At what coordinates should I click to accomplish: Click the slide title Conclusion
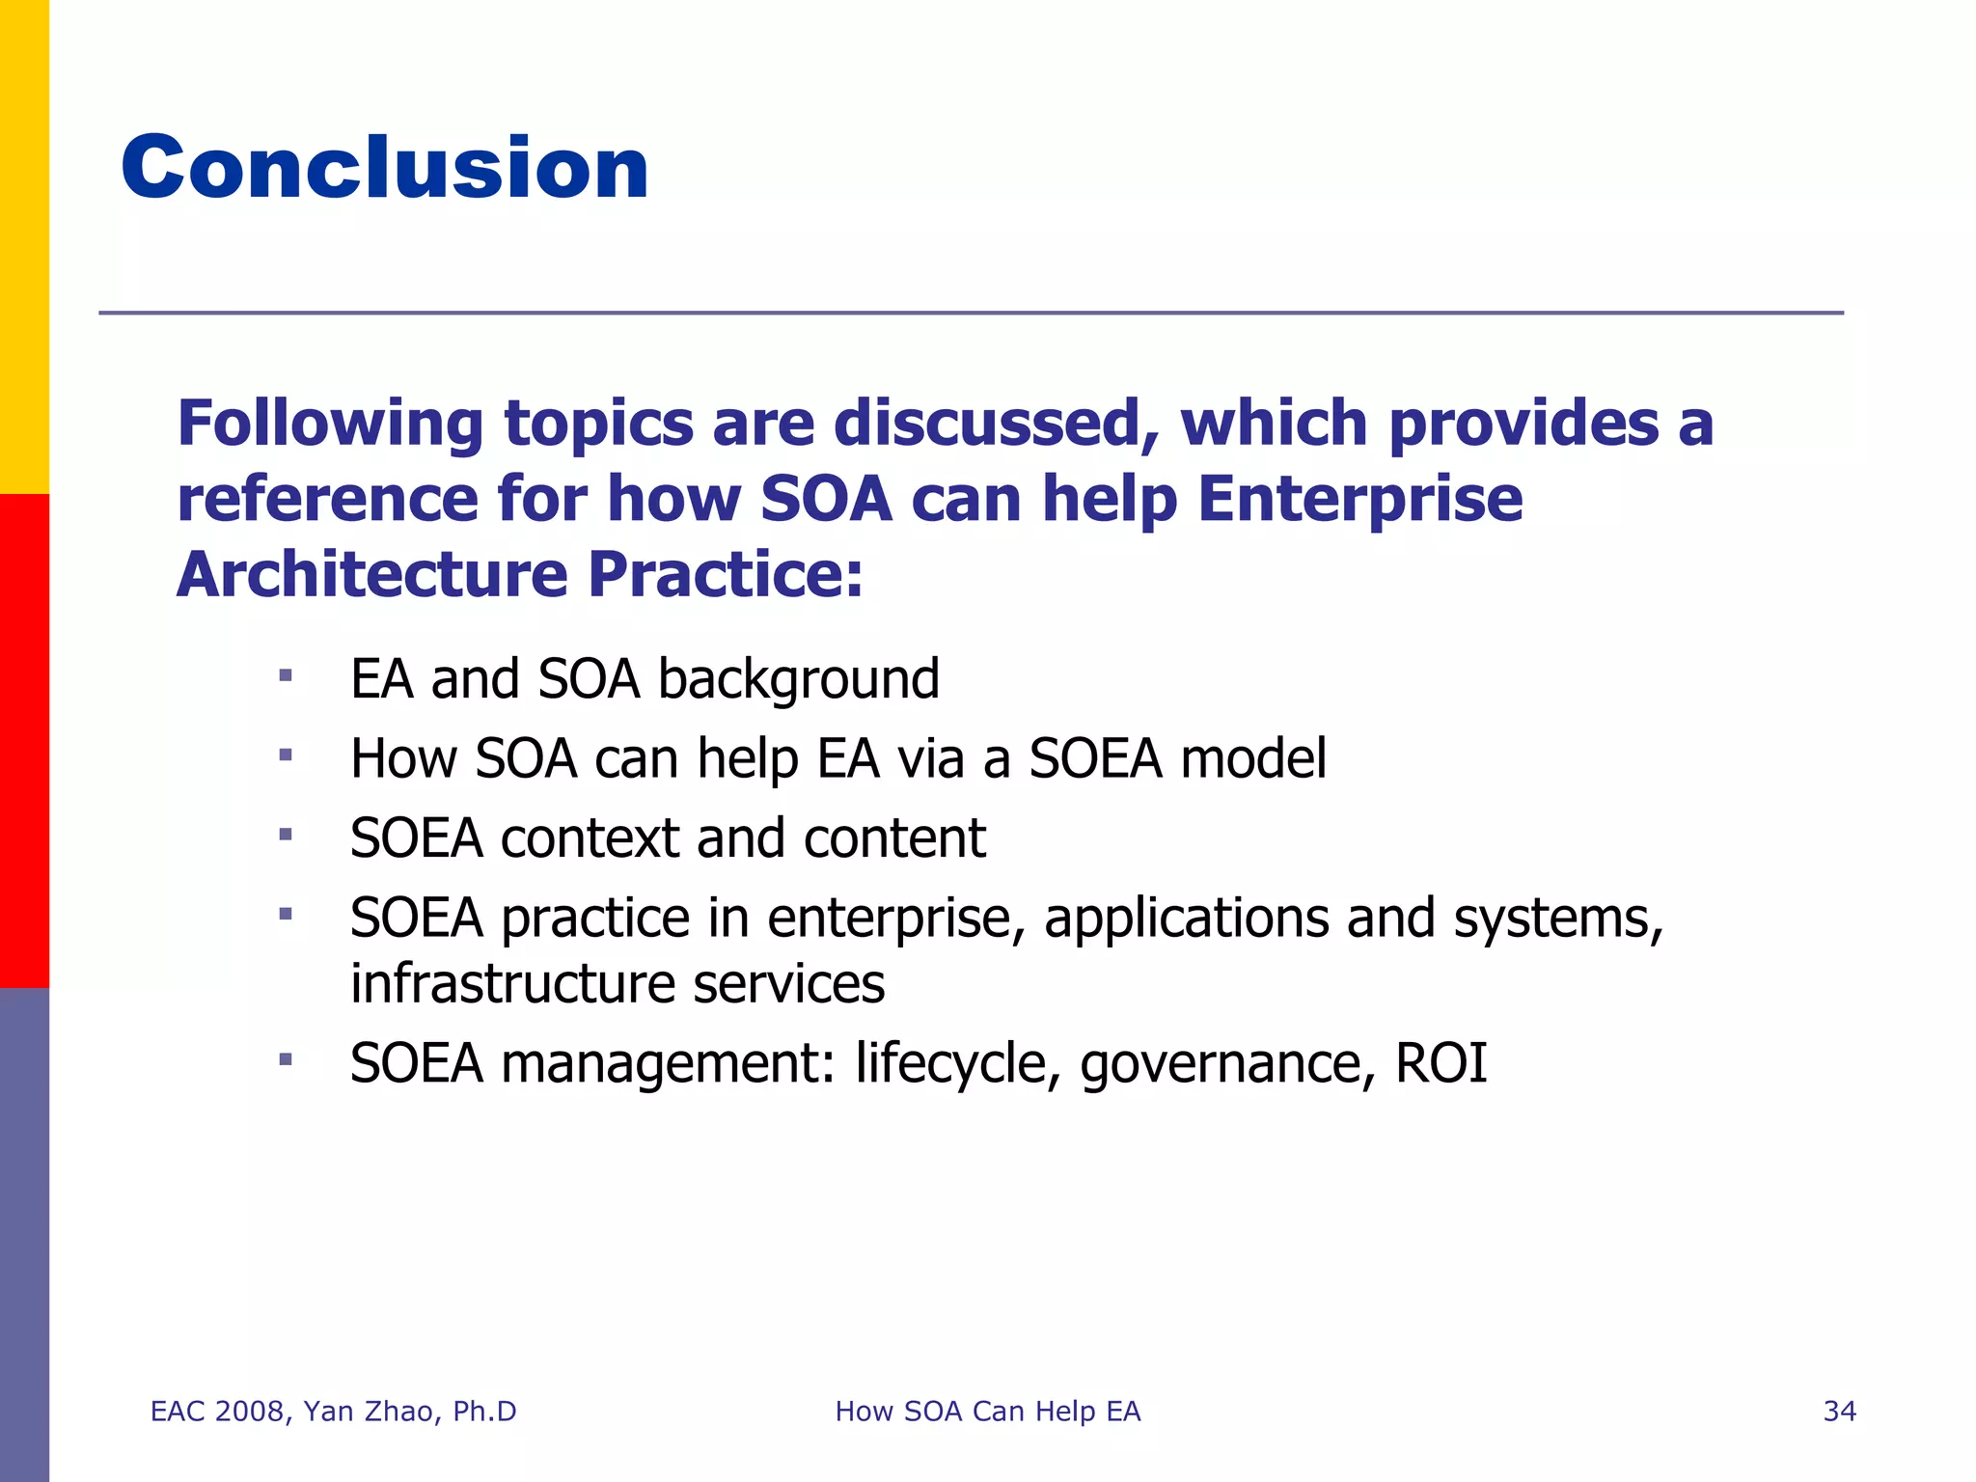[384, 169]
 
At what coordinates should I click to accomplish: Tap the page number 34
[1839, 1412]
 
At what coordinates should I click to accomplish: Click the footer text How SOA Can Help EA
[987, 1412]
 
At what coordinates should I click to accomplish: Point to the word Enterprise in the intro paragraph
[1359, 500]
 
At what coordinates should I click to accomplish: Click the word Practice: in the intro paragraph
[726, 575]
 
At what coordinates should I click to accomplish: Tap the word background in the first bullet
[799, 679]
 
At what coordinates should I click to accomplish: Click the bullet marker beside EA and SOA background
[285, 675]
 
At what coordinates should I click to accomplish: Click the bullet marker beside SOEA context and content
[285, 835]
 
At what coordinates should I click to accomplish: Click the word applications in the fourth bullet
[1187, 918]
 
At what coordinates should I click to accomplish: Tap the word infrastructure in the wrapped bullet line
[512, 984]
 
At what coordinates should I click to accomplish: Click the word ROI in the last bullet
[1441, 1063]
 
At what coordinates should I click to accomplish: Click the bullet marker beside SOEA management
[285, 1059]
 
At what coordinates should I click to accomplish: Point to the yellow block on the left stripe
[24, 247]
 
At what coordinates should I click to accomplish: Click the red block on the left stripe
[24, 741]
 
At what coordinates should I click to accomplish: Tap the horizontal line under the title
[971, 313]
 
